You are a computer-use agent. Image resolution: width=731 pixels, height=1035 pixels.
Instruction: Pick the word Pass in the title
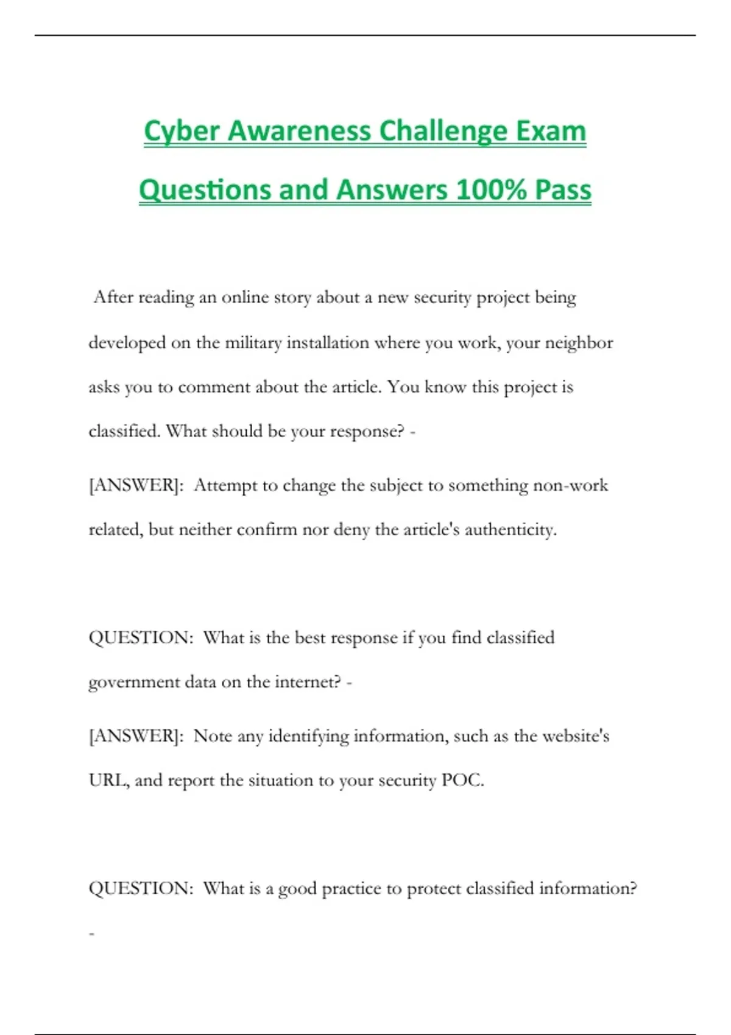(563, 190)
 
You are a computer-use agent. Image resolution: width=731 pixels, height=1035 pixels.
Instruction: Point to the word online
(245, 297)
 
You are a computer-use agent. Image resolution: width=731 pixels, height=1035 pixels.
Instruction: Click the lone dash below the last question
(92, 933)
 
